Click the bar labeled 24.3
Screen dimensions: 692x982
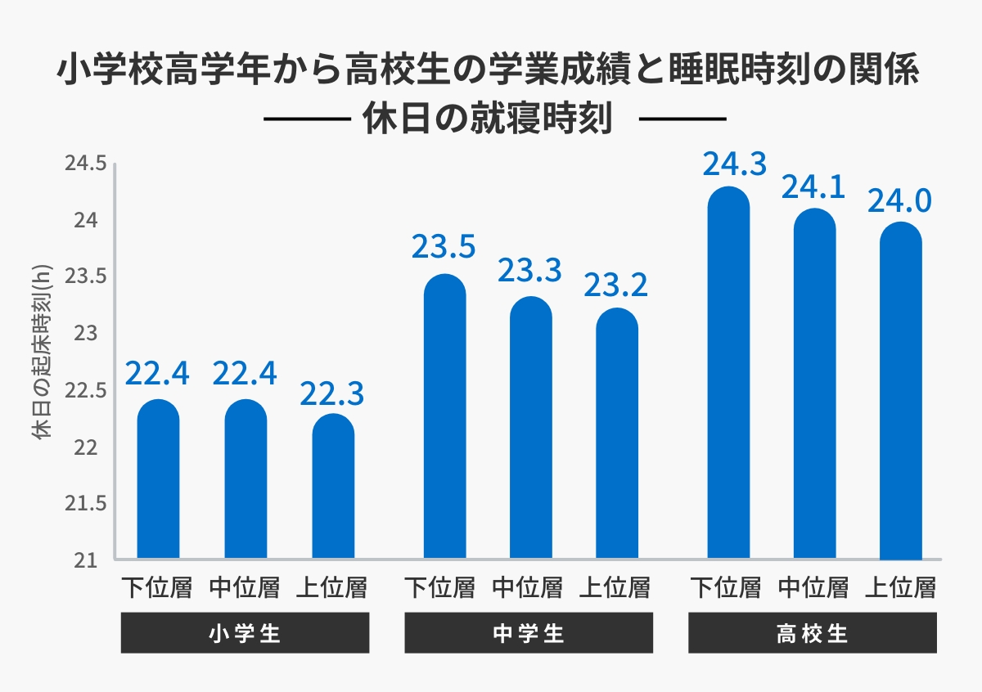[728, 376]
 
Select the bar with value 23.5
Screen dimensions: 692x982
[444, 417]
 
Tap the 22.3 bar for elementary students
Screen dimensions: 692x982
[333, 487]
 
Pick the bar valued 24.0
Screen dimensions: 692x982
[900, 393]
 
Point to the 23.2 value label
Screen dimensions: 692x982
[615, 285]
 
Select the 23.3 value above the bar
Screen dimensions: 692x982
[529, 270]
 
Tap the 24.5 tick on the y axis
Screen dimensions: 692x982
[85, 164]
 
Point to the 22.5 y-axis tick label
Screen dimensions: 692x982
[85, 391]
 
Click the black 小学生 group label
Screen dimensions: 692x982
[245, 633]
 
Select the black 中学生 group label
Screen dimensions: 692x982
[529, 633]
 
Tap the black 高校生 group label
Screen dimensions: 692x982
[812, 633]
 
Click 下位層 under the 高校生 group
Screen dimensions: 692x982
[726, 586]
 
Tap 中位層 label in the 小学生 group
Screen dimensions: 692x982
[245, 586]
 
